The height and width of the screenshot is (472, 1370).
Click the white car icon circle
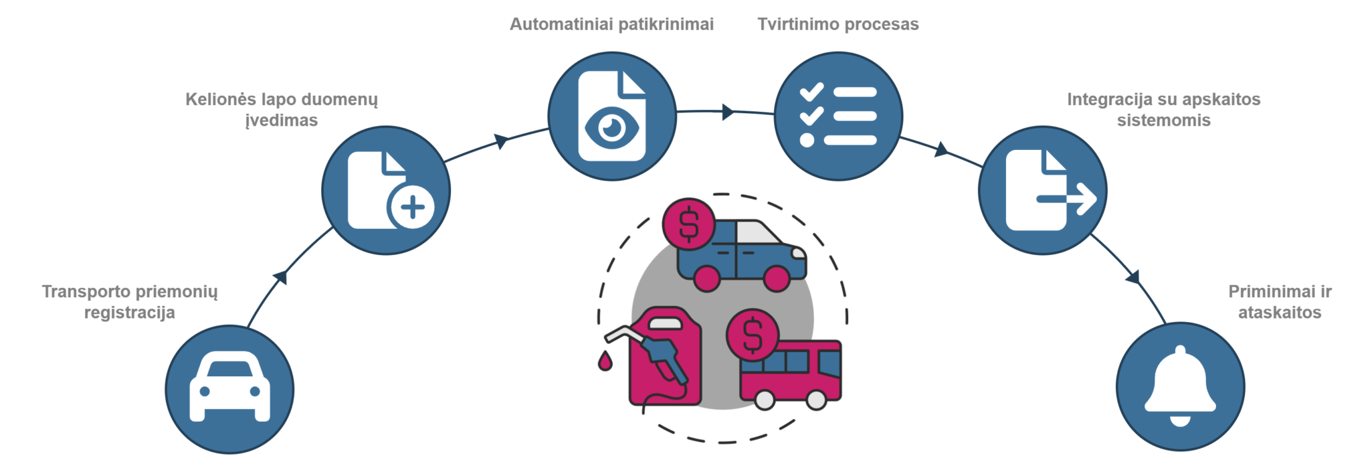pyautogui.click(x=229, y=389)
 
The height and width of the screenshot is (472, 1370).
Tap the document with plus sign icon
pyautogui.click(x=386, y=190)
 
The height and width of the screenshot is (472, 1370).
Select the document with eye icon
pyautogui.click(x=611, y=116)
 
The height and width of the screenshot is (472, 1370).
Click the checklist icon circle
pyautogui.click(x=838, y=116)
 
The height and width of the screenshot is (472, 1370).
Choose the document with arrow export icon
pyautogui.click(x=1042, y=190)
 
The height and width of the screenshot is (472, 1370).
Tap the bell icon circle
pyautogui.click(x=1180, y=386)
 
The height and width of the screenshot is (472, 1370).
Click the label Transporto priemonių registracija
pyautogui.click(x=130, y=302)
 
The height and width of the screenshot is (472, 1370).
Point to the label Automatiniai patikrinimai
pyautogui.click(x=611, y=24)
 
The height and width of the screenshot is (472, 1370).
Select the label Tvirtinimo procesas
pyautogui.click(x=838, y=24)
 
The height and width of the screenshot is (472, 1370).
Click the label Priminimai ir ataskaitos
pyautogui.click(x=1279, y=302)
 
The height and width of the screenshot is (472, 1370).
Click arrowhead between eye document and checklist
pyautogui.click(x=728, y=112)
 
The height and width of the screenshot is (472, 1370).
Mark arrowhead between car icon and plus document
pyautogui.click(x=281, y=276)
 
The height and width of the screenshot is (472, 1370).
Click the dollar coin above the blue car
pyautogui.click(x=688, y=224)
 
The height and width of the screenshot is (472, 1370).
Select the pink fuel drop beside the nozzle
pyautogui.click(x=605, y=361)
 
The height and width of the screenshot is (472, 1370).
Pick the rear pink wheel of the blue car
pyautogui.click(x=706, y=278)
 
